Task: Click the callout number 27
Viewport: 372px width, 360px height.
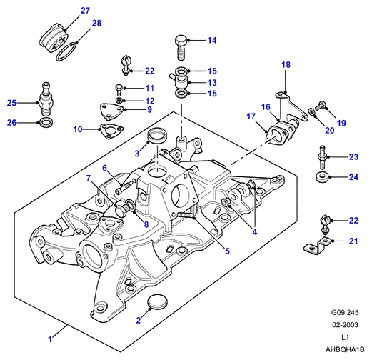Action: [85, 11]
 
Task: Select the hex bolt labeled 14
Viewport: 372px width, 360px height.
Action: [181, 47]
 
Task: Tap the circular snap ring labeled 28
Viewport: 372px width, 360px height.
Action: [66, 51]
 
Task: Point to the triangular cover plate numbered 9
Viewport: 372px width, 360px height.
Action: [111, 111]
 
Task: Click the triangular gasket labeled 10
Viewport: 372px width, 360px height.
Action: [111, 131]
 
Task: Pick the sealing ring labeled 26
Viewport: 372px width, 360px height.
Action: [46, 122]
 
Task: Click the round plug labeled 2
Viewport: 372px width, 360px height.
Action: [157, 301]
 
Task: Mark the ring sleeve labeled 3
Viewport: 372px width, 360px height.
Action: [157, 136]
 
